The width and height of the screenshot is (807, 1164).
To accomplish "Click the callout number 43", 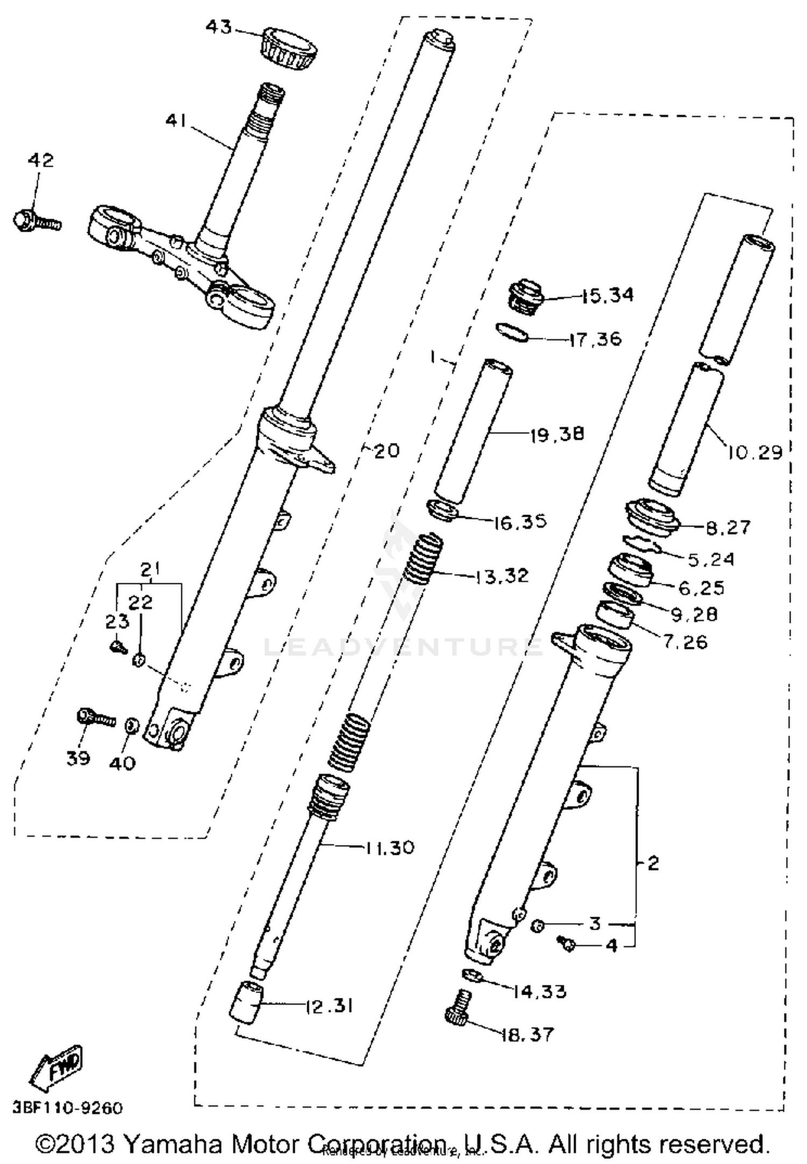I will click(218, 26).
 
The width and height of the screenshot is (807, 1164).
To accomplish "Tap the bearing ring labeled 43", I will click(289, 49).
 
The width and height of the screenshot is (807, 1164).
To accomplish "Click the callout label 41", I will click(175, 121).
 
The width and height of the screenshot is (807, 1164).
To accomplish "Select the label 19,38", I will click(557, 433).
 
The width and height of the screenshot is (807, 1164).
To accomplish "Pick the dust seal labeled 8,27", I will click(653, 517).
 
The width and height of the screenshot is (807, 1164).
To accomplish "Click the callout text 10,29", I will click(755, 452).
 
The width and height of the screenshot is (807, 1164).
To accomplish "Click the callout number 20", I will click(386, 451).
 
